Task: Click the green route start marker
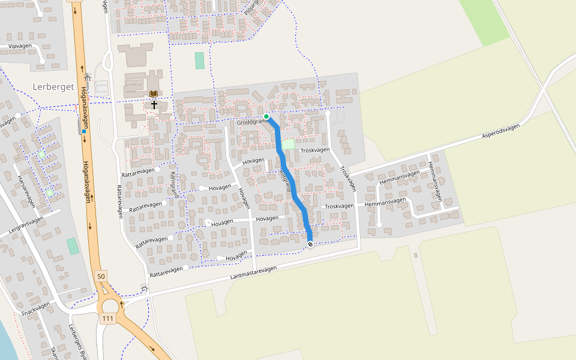[x=266, y=116]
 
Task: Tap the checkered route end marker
[x=310, y=244]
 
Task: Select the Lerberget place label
[x=53, y=87]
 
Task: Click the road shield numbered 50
[x=101, y=276]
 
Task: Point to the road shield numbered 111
[x=108, y=319]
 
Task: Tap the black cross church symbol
[x=154, y=104]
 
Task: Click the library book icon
[x=154, y=94]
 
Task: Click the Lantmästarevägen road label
[x=254, y=273]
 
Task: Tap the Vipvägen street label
[x=20, y=46]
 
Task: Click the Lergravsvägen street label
[x=26, y=224]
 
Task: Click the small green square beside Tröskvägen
[x=289, y=145]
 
